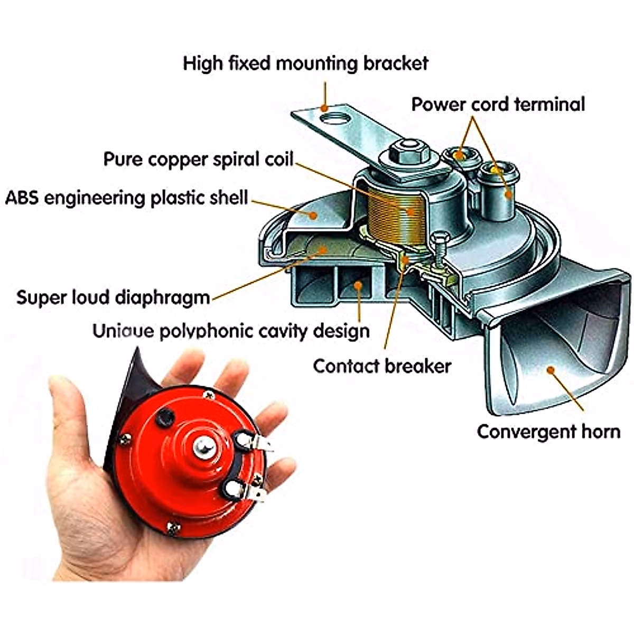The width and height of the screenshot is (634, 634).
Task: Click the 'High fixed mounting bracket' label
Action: tap(305, 63)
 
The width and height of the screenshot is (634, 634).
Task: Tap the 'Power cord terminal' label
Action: tap(498, 104)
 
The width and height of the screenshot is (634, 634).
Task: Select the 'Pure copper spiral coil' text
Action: tap(198, 159)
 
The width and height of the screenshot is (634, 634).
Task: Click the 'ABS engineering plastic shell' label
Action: tap(126, 198)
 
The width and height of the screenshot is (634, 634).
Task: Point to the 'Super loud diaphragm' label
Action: tap(113, 297)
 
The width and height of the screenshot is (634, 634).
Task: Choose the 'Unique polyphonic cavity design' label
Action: tap(231, 331)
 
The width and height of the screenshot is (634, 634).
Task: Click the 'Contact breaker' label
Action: tap(382, 366)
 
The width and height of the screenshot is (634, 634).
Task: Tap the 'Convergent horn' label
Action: tap(548, 431)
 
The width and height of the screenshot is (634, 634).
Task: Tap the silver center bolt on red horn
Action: tap(202, 447)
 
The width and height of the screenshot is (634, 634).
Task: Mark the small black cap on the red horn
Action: tap(165, 415)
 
